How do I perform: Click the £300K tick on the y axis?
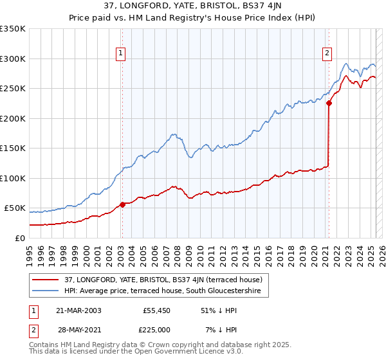point(12,59)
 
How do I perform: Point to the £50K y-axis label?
point(14,208)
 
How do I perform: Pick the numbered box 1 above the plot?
point(121,53)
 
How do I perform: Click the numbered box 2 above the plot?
point(327,53)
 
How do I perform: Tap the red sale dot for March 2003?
point(122,204)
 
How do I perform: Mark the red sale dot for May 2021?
point(329,103)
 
